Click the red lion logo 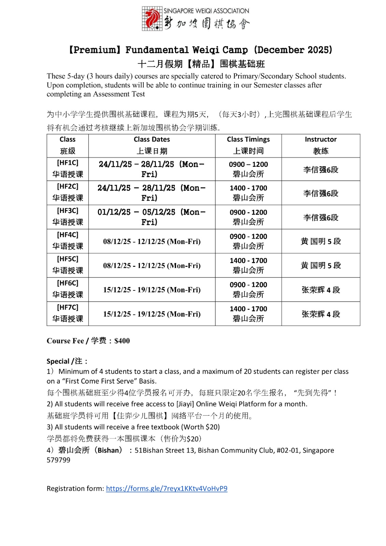point(152,19)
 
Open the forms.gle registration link point(167,488)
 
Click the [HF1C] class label point(68,163)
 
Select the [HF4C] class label point(68,235)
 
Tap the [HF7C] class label point(68,307)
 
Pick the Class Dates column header point(152,139)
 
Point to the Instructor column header point(320,139)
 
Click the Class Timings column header point(248,139)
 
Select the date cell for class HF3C point(152,217)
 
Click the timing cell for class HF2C point(248,193)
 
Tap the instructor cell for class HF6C point(320,290)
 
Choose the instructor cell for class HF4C point(320,241)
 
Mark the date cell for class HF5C point(152,265)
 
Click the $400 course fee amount point(122,341)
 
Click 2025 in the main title point(318,50)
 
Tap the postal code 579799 point(58,460)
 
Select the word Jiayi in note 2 point(185,404)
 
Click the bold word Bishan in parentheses point(108,450)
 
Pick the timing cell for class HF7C point(248,314)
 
